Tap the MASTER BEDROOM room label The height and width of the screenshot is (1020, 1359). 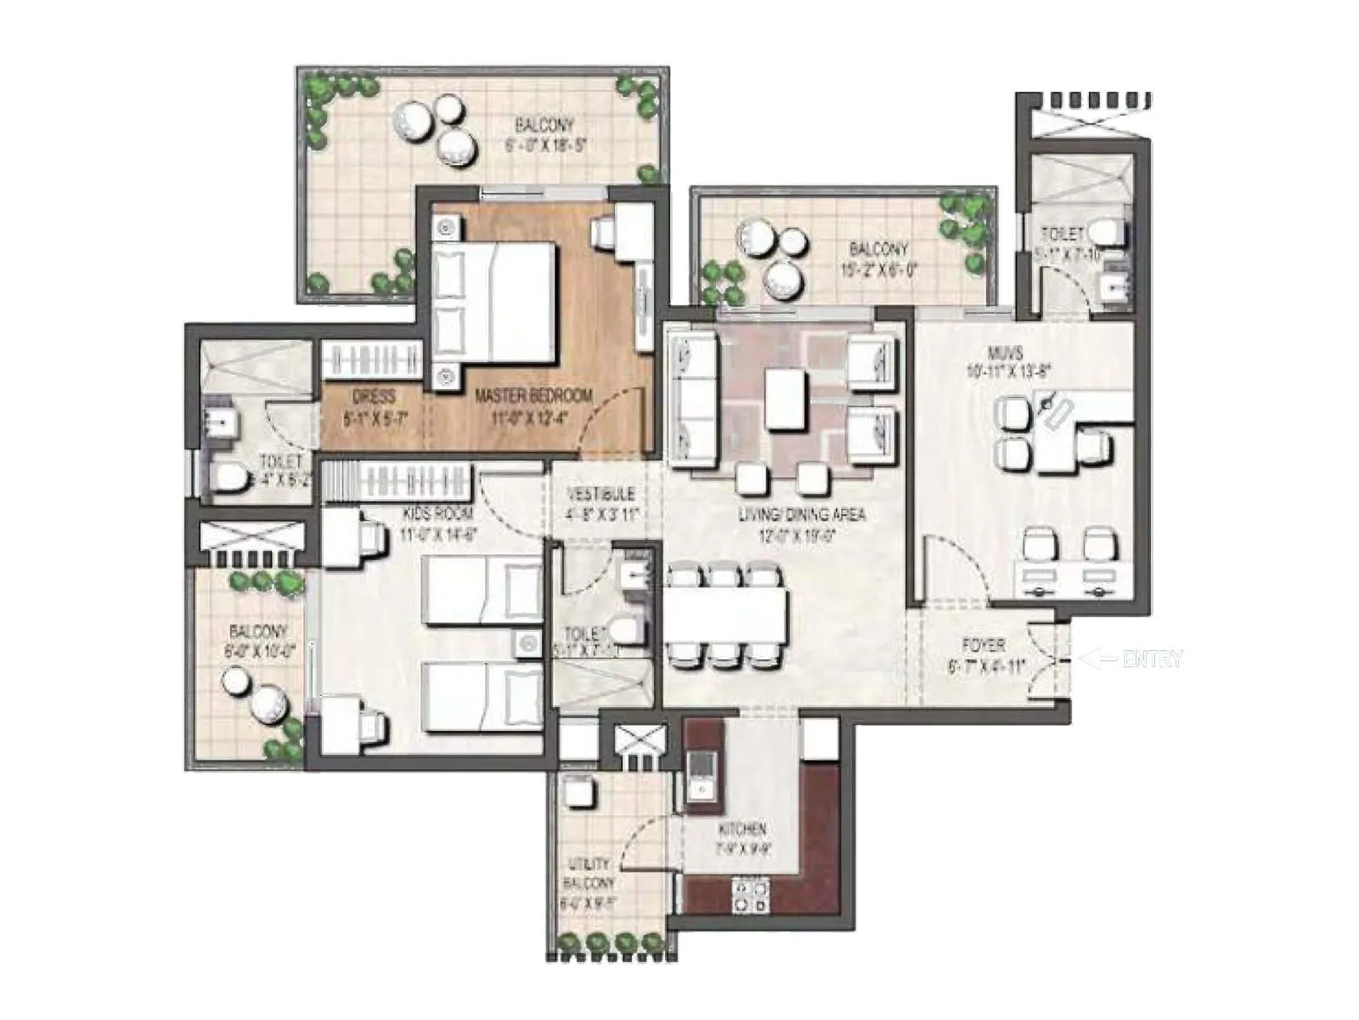(x=533, y=396)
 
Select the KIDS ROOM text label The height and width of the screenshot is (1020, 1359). (x=438, y=513)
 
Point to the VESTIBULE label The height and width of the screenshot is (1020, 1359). (x=601, y=494)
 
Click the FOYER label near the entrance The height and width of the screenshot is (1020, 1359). (x=984, y=645)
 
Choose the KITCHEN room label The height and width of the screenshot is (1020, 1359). (x=742, y=829)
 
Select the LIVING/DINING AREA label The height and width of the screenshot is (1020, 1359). (x=801, y=514)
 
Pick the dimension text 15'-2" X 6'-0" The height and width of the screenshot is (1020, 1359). (x=878, y=271)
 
